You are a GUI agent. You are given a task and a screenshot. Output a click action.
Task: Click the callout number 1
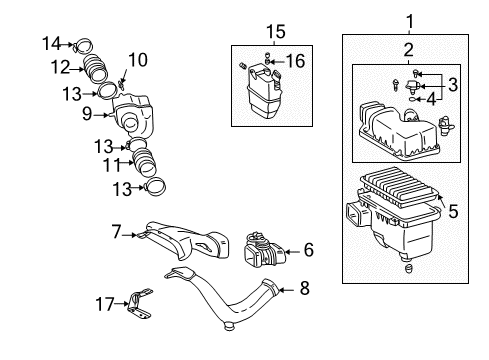point(409,19)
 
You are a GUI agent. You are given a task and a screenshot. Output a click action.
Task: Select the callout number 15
point(269,31)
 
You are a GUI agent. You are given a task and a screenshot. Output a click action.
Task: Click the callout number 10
point(138,61)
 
